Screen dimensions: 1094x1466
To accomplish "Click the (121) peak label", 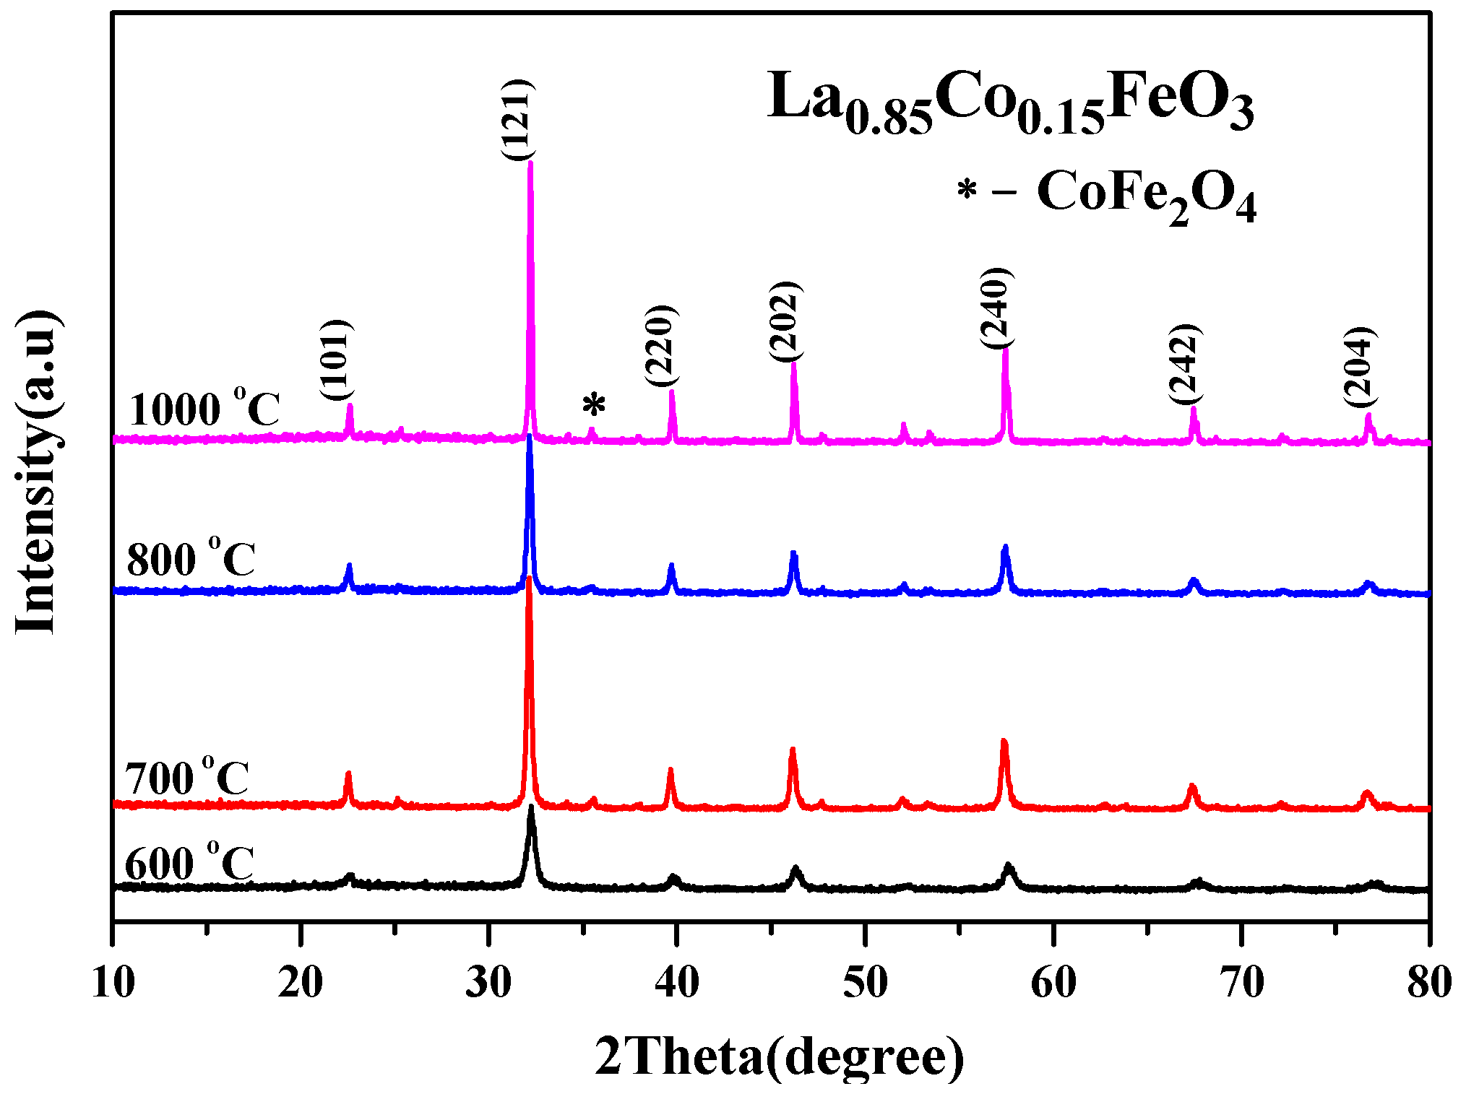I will pos(517,120).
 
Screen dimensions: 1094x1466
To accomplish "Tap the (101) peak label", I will pos(337,360).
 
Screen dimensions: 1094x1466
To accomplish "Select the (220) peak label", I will pos(660,346).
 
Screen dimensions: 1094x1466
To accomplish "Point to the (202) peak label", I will pos(785,321).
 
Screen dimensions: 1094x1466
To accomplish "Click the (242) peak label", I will pos(1185,365).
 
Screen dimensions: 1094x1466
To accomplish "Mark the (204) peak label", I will pos(1360,367).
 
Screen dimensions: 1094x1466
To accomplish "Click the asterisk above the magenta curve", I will pos(594,406).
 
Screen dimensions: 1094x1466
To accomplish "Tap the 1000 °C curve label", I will pos(204,409).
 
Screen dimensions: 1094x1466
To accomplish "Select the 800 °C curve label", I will pos(191,557).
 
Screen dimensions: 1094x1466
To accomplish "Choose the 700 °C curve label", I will pos(187,777).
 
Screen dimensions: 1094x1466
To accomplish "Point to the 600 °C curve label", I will pos(189,861).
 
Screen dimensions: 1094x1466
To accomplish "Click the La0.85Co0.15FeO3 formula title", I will pos(1010,101).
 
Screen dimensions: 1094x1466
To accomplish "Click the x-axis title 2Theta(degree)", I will pos(779,1056).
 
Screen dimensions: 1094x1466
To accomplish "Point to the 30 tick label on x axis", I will pos(488,982).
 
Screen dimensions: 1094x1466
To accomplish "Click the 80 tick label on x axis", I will pos(1428,982).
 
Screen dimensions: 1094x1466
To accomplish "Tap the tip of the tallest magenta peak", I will pos(530,163).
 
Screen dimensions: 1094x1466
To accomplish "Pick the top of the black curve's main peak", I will pos(531,807).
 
